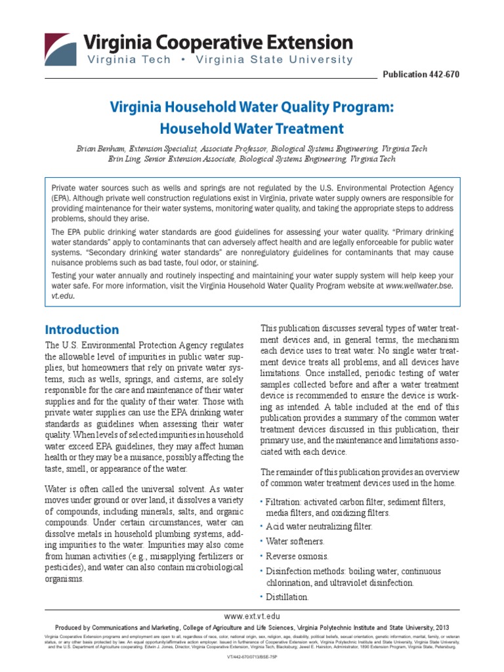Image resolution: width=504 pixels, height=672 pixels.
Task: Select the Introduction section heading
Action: point(81,329)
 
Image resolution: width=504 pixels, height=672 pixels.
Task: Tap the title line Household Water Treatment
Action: point(252,128)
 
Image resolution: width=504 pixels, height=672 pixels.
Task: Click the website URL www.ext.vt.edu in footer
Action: point(251,616)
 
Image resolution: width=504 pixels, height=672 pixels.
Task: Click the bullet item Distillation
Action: point(287,597)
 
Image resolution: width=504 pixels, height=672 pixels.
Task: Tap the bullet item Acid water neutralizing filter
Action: point(319,526)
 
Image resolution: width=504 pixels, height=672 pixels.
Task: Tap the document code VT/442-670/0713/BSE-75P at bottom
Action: point(252,656)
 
